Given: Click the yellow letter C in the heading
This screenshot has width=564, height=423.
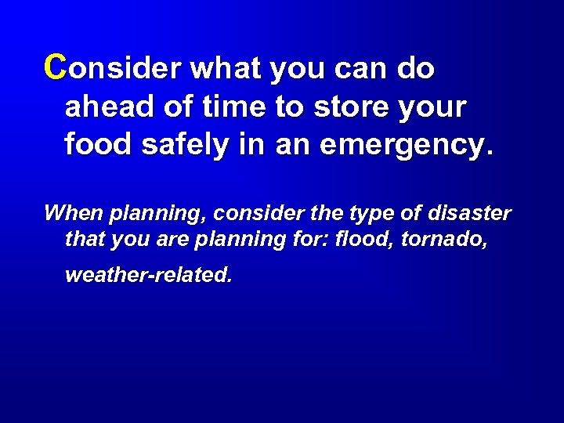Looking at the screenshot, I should pyautogui.click(x=55, y=68).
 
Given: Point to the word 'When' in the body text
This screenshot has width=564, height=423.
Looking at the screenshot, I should pyautogui.click(x=74, y=213).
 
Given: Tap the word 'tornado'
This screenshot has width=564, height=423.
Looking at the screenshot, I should pyautogui.click(x=445, y=240).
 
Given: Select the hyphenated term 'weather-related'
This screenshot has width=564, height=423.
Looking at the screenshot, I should pyautogui.click(x=149, y=276).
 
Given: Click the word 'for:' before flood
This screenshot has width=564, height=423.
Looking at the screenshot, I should pyautogui.click(x=315, y=240).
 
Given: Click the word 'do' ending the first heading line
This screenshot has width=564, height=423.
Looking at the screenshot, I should pyautogui.click(x=415, y=69).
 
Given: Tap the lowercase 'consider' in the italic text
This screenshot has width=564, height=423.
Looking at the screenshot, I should pyautogui.click(x=251, y=213).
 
